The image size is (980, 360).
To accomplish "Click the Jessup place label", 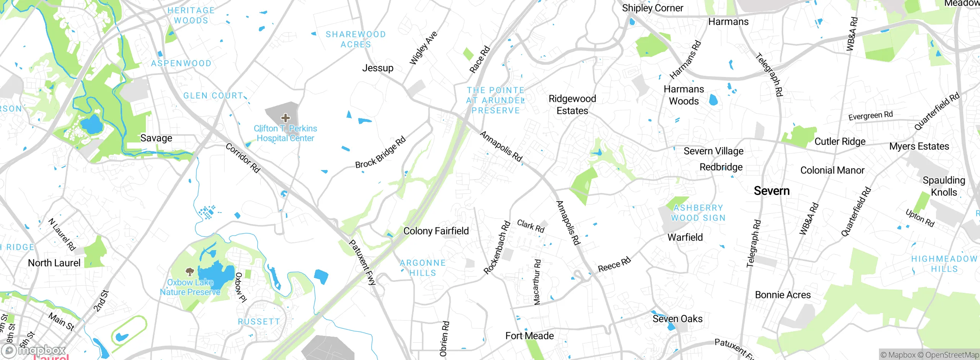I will (378, 68).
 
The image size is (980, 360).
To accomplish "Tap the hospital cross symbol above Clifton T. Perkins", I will (285, 118).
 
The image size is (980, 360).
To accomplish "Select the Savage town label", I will (156, 138).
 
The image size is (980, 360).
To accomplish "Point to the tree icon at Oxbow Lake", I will (189, 272).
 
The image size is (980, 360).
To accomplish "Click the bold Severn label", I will (772, 191).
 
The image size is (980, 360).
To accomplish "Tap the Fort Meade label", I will (529, 336).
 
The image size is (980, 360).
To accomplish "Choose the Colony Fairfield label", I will (436, 231).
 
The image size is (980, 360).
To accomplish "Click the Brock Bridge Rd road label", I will (380, 153).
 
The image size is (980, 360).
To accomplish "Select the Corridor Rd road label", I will (243, 158).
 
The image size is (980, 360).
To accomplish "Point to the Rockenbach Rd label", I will (497, 248).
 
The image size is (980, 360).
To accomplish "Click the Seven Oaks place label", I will (678, 319).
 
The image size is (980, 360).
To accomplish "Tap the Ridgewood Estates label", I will (572, 105).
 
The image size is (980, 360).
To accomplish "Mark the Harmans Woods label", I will (684, 95).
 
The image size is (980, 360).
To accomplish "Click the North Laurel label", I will (54, 263).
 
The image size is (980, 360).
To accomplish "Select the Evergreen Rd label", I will (871, 116).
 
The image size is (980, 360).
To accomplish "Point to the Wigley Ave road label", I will (423, 48).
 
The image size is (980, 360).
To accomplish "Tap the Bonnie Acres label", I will (783, 295).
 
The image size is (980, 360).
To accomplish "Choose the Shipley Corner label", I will (652, 8).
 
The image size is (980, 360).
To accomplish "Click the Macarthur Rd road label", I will (537, 282).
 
